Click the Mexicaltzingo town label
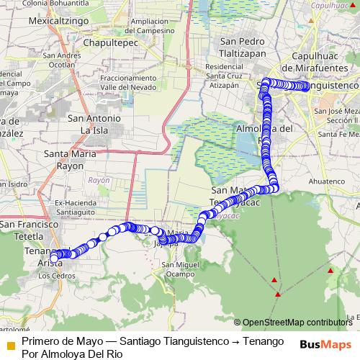coord(58,22)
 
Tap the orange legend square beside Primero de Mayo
coord(10,344)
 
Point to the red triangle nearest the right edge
coord(330,271)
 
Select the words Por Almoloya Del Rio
coord(72,354)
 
